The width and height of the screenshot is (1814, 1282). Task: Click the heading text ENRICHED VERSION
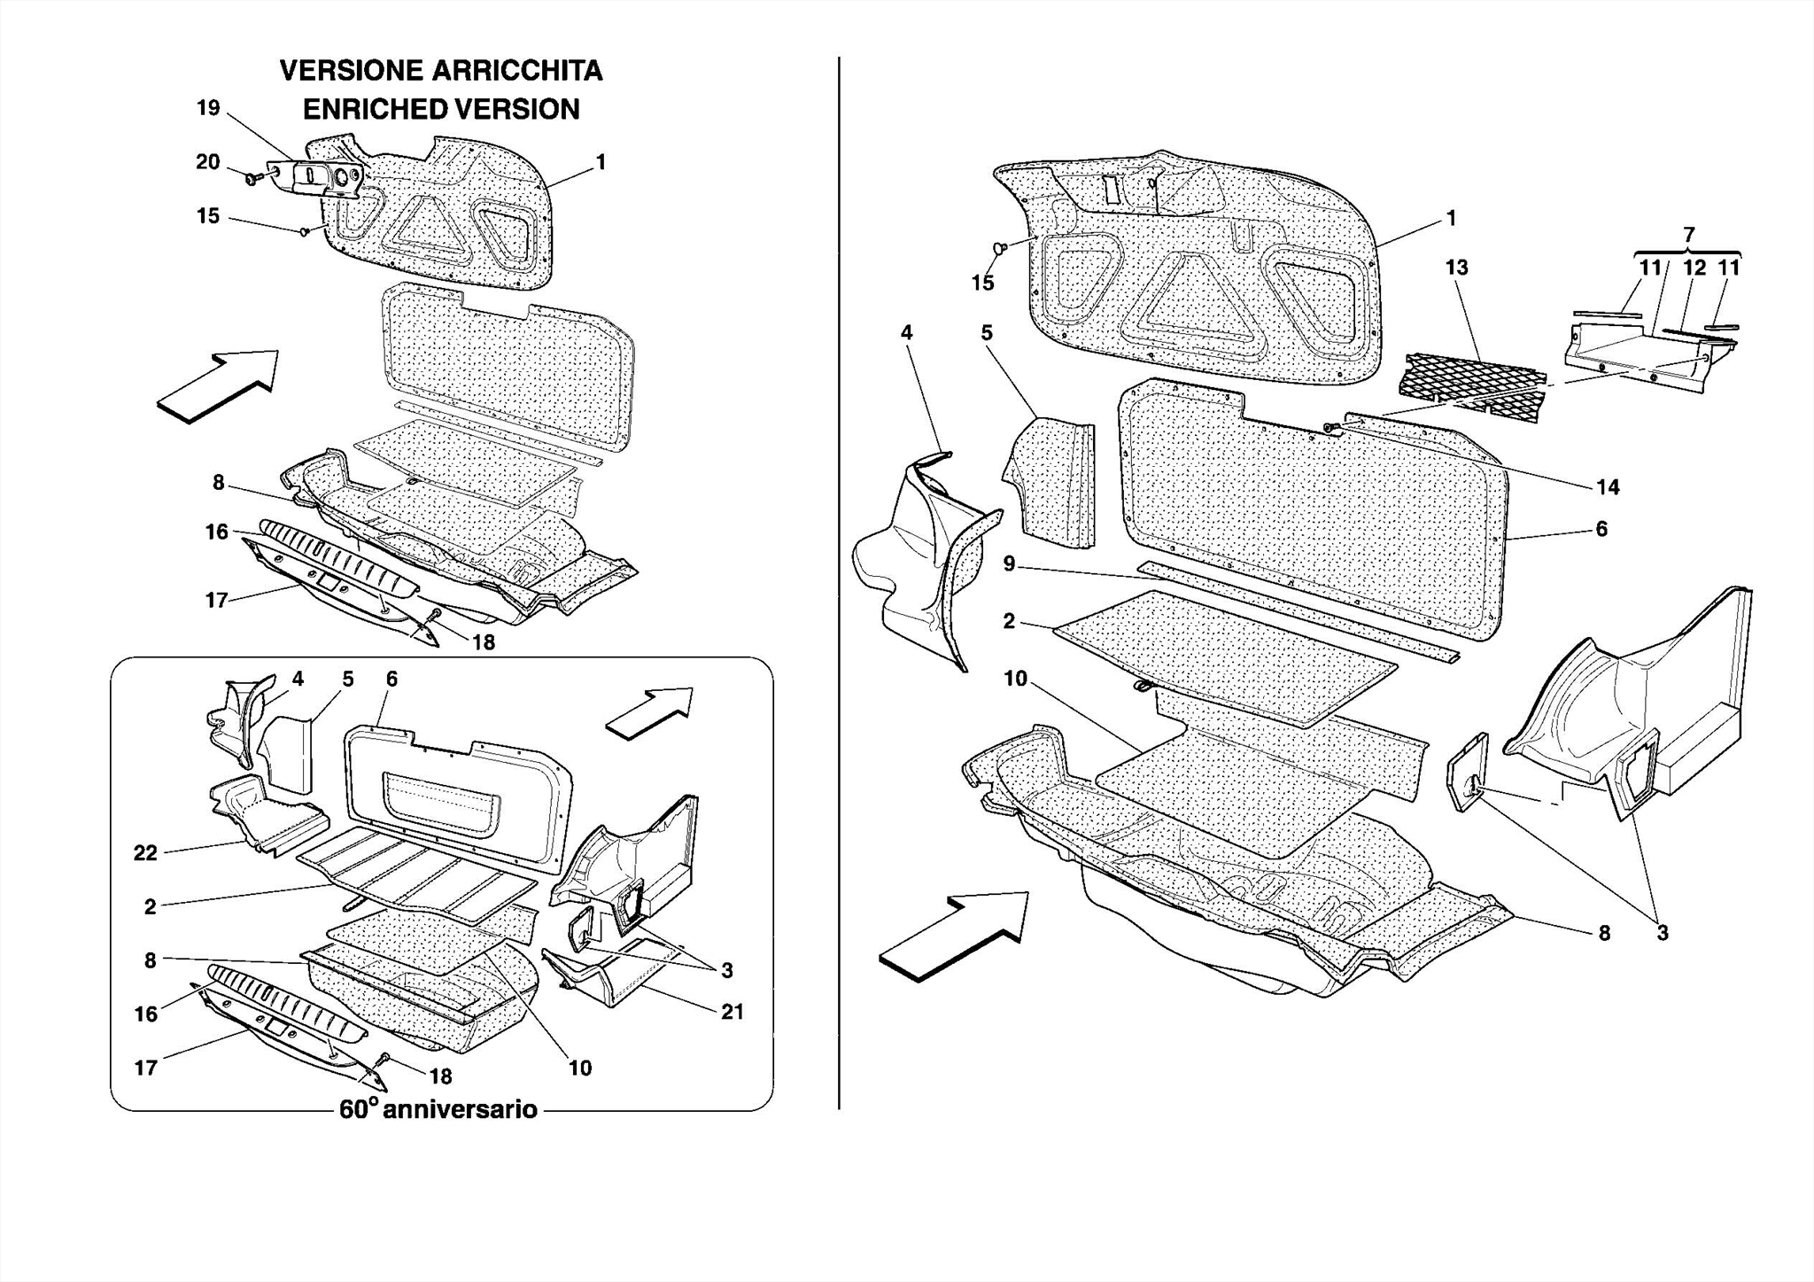point(441,110)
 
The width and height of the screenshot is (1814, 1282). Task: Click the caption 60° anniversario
point(438,1109)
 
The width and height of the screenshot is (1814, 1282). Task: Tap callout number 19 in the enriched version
point(208,108)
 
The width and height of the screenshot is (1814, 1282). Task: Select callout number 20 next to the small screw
point(208,162)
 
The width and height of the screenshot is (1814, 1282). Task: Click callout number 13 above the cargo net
point(1456,268)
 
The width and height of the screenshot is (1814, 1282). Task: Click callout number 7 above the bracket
point(1688,235)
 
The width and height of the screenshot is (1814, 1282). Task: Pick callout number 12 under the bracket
point(1694,268)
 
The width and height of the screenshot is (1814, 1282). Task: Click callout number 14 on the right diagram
point(1607,486)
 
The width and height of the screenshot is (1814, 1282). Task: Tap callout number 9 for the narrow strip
point(1009,563)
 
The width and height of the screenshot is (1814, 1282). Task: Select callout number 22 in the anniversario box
point(145,853)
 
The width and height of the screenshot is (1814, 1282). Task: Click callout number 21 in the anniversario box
point(732,1012)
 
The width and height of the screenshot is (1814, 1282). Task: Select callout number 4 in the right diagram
point(906,332)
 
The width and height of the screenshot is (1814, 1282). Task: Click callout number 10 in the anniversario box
point(579,1068)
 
